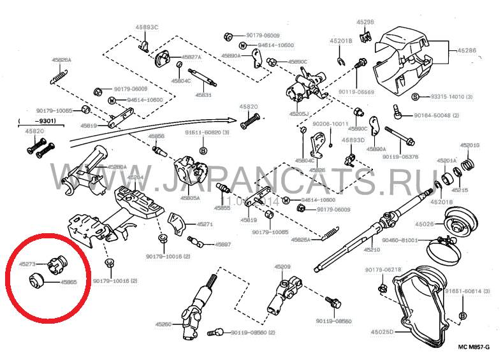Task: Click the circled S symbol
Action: (x=414, y=97)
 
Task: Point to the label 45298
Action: (x=365, y=22)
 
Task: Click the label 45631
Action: (x=203, y=94)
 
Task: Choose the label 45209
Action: (x=282, y=266)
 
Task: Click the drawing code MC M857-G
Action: (x=472, y=348)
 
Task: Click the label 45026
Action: (x=425, y=224)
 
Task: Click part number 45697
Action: (x=222, y=245)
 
